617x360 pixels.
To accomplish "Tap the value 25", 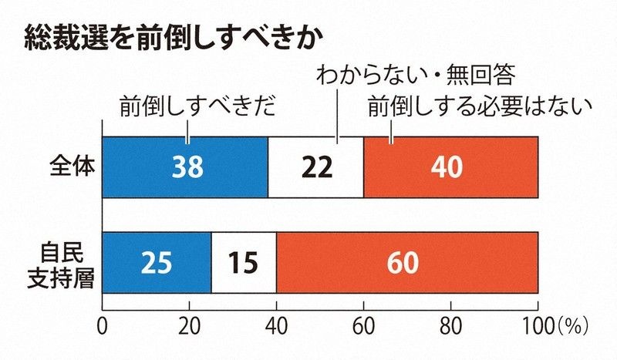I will point(157,263).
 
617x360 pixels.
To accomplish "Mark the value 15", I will point(244,263).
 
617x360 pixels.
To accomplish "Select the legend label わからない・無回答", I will point(415,76).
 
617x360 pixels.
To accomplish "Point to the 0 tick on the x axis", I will point(103,323).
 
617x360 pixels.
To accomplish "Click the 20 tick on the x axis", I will point(190,323).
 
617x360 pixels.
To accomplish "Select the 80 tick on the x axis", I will point(450,323).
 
